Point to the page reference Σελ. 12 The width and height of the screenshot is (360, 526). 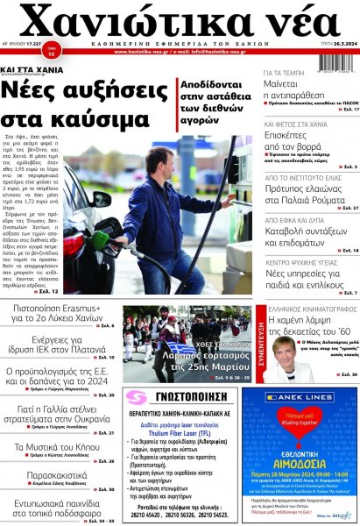coord(49,290)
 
